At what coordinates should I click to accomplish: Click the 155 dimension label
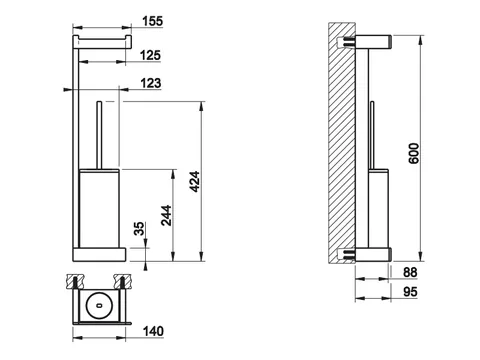tap(153, 21)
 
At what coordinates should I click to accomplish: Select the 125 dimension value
tap(150, 55)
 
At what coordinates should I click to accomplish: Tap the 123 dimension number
tap(151, 83)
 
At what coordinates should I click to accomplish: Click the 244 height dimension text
tap(166, 215)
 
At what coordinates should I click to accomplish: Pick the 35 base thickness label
tap(139, 229)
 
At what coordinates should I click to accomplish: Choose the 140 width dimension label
tap(153, 331)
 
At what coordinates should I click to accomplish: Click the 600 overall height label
tap(414, 153)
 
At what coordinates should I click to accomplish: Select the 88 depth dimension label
tap(410, 272)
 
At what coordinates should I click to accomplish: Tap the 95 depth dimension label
tap(410, 292)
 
